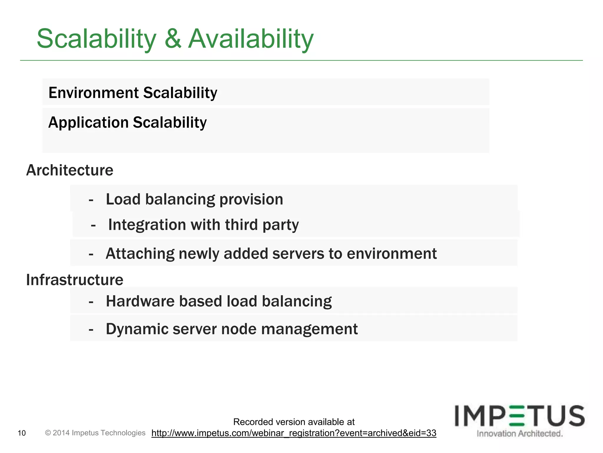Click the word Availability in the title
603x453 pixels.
click(x=251, y=39)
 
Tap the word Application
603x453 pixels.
click(x=89, y=122)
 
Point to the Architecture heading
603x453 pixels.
click(x=70, y=170)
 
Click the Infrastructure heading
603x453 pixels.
click(x=75, y=280)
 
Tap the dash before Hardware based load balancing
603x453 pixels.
click(x=91, y=301)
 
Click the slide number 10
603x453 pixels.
click(x=22, y=433)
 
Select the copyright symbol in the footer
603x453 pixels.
click(x=48, y=433)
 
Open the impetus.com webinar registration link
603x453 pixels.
click(x=294, y=433)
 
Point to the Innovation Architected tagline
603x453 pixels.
click(x=520, y=434)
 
